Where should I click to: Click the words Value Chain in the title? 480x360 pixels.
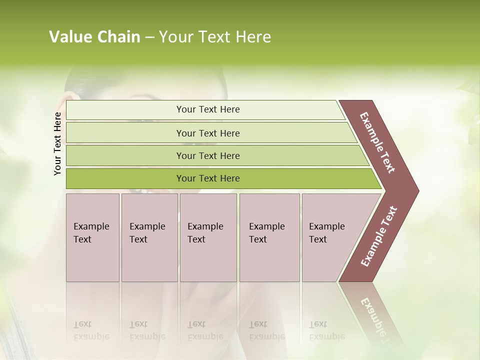pyautogui.click(x=94, y=37)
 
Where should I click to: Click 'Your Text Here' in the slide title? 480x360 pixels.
pyautogui.click(x=215, y=37)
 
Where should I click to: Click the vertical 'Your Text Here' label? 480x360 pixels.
pyautogui.click(x=57, y=143)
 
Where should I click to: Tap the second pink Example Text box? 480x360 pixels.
pyautogui.click(x=149, y=237)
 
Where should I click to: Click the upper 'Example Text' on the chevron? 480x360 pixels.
pyautogui.click(x=377, y=142)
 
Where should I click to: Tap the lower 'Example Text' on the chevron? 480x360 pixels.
pyautogui.click(x=379, y=236)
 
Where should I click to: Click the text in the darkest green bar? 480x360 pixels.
pyautogui.click(x=208, y=178)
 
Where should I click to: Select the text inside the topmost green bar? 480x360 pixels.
pyautogui.click(x=208, y=109)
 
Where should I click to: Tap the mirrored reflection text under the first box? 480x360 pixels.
pyautogui.click(x=91, y=330)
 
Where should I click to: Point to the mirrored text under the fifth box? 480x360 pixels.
pyautogui.click(x=326, y=330)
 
